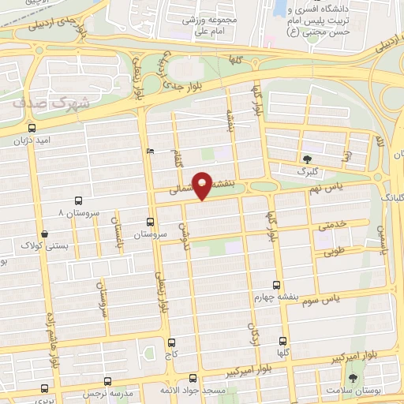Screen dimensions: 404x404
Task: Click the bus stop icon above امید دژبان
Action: (31, 128)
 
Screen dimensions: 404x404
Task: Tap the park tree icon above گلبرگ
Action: (306, 158)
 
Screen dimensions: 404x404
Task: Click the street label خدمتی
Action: (333, 226)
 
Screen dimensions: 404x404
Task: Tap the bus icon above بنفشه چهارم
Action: (275, 284)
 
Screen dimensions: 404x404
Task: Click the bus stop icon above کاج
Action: (173, 342)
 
